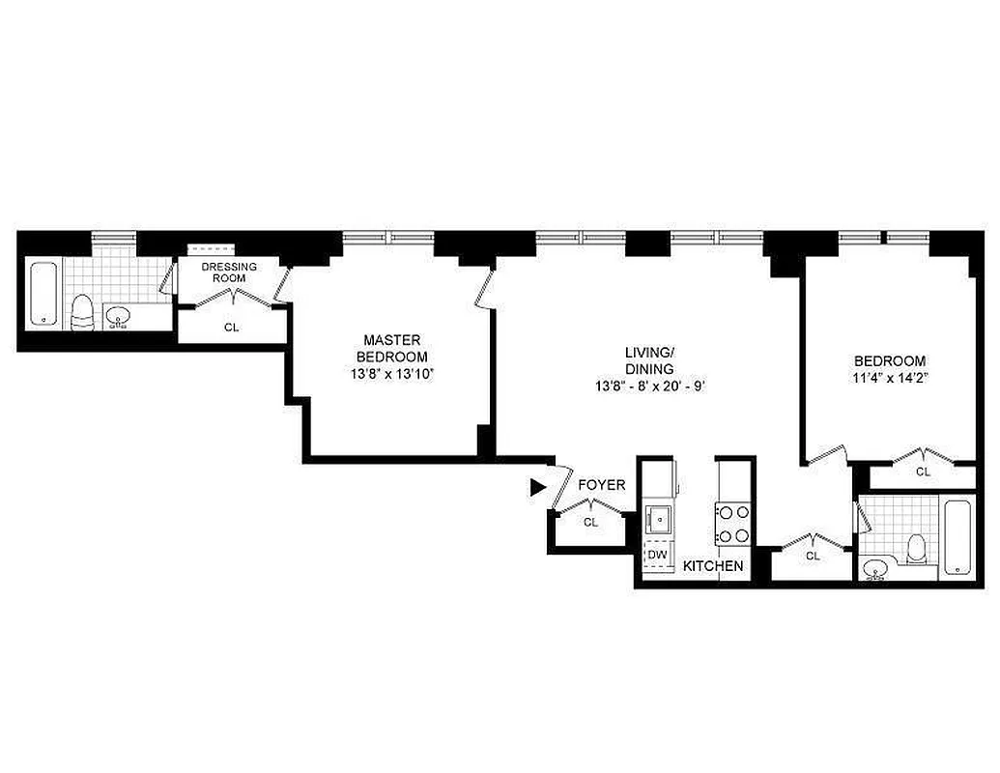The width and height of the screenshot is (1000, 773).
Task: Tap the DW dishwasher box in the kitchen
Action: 657,555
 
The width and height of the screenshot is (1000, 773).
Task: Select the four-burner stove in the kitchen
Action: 731,524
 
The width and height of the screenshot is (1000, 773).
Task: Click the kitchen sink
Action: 659,520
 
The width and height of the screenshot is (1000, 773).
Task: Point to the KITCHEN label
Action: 713,566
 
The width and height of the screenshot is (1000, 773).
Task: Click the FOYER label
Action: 601,485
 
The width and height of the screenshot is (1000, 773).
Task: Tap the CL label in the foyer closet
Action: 591,522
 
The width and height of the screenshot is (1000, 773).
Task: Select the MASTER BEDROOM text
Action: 392,348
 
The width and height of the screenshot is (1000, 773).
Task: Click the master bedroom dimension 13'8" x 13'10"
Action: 392,373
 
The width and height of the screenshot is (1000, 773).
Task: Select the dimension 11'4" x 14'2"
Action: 890,378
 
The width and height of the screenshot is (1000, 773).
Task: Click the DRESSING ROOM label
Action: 229,272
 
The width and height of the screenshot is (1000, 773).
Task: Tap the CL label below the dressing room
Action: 231,328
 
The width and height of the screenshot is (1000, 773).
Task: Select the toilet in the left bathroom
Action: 82,312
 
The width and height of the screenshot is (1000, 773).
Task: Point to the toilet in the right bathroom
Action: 917,550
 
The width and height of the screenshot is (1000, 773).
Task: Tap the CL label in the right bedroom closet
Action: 923,472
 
